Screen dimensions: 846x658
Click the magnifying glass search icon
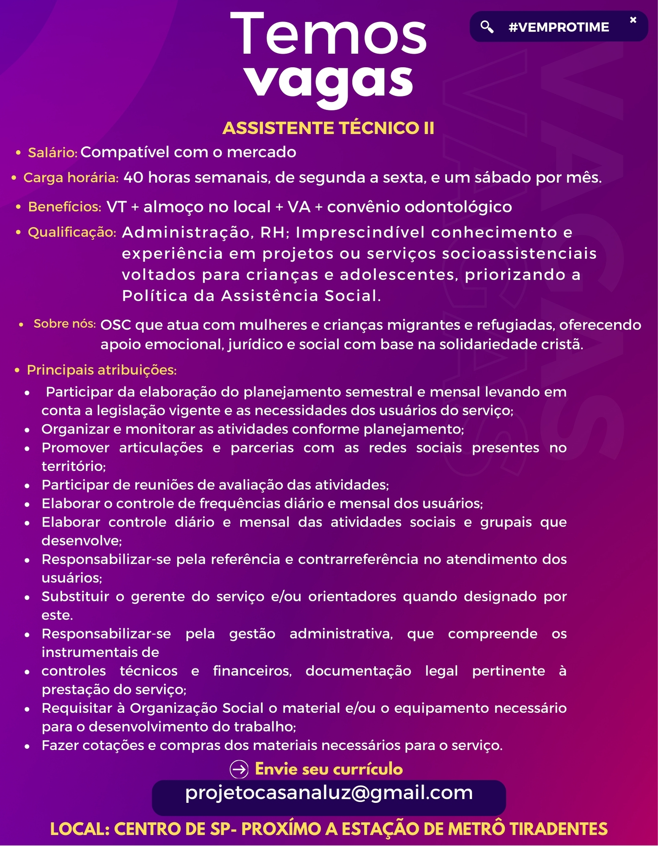[x=487, y=27]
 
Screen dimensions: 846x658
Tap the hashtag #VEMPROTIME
[x=559, y=27]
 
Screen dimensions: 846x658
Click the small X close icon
[x=633, y=20]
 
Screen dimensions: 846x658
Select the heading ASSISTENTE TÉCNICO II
[x=328, y=128]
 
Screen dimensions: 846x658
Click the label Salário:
[x=52, y=153]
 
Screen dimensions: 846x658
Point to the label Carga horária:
[x=71, y=178]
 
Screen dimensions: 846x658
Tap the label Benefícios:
[x=64, y=207]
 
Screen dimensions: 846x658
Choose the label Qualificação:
[x=72, y=232]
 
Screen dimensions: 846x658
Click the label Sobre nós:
[x=65, y=324]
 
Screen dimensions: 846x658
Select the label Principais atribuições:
[x=102, y=370]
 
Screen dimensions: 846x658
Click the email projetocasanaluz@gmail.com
[x=329, y=793]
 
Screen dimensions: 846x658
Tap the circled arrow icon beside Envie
[x=239, y=769]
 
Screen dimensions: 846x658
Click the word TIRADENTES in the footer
[x=558, y=829]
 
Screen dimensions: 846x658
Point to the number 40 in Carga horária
[x=133, y=178]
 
